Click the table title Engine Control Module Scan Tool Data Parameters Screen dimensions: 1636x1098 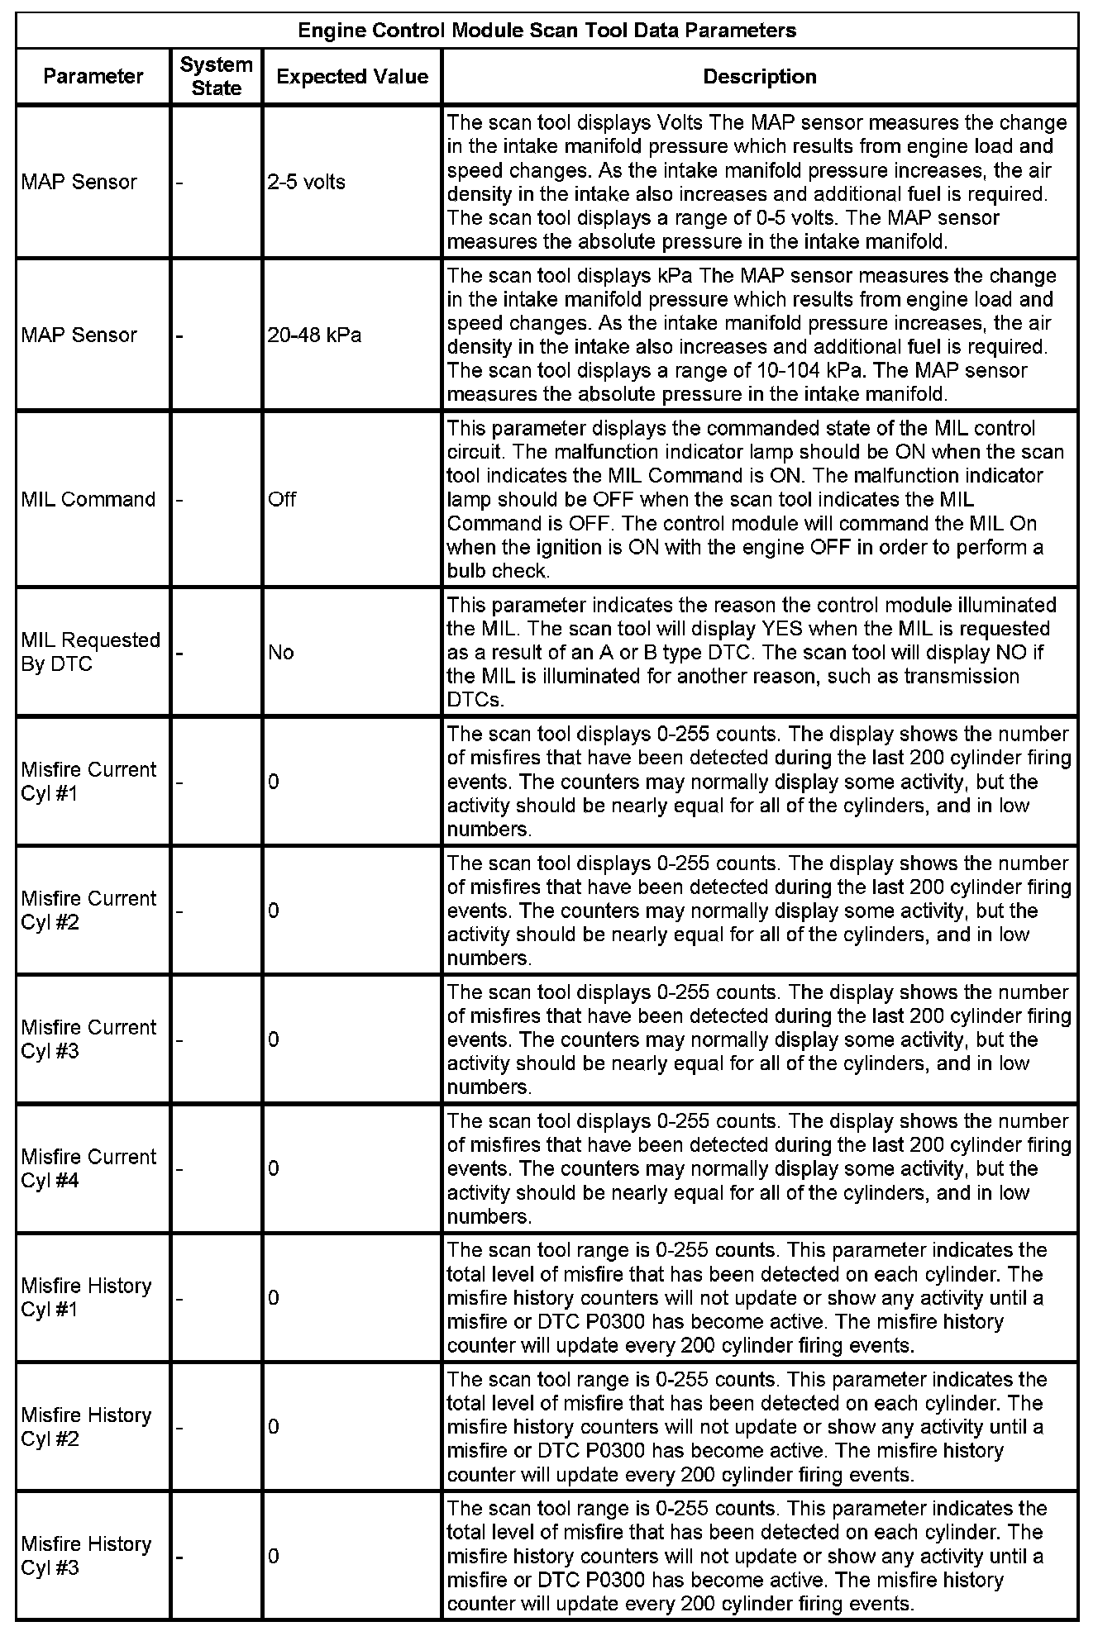point(547,31)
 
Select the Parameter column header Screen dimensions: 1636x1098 point(93,76)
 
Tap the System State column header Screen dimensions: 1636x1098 point(217,76)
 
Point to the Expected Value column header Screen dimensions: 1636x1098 point(352,77)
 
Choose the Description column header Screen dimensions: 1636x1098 point(759,77)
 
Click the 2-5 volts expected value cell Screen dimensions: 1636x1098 point(306,182)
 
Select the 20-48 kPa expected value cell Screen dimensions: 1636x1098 point(314,335)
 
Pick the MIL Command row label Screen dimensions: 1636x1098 point(88,499)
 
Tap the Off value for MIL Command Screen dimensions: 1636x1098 point(282,499)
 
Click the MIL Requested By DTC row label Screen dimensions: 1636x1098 point(90,652)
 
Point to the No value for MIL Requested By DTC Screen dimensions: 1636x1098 point(280,652)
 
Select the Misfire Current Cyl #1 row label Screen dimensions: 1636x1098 point(88,782)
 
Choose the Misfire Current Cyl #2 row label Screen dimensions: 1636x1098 point(88,911)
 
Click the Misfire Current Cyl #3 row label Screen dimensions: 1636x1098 point(88,1039)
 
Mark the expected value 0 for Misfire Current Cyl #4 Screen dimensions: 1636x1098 point(274,1168)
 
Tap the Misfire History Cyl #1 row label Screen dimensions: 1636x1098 point(87,1297)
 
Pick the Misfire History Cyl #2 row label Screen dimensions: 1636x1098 point(87,1426)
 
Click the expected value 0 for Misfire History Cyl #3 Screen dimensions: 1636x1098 point(274,1556)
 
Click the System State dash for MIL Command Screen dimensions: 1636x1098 point(179,499)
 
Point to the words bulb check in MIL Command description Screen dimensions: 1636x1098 point(497,571)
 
